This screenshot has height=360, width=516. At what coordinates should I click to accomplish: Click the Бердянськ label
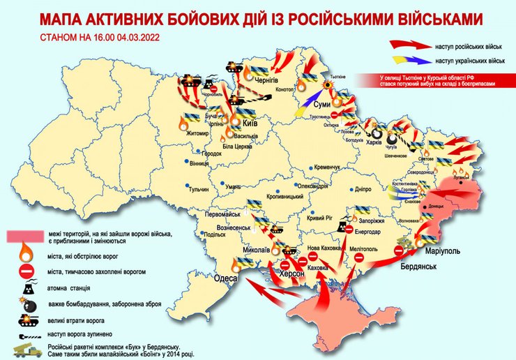click(420, 267)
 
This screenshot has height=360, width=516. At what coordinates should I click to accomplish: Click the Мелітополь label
click(363, 248)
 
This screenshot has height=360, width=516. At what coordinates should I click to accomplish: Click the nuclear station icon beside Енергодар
click(347, 227)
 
